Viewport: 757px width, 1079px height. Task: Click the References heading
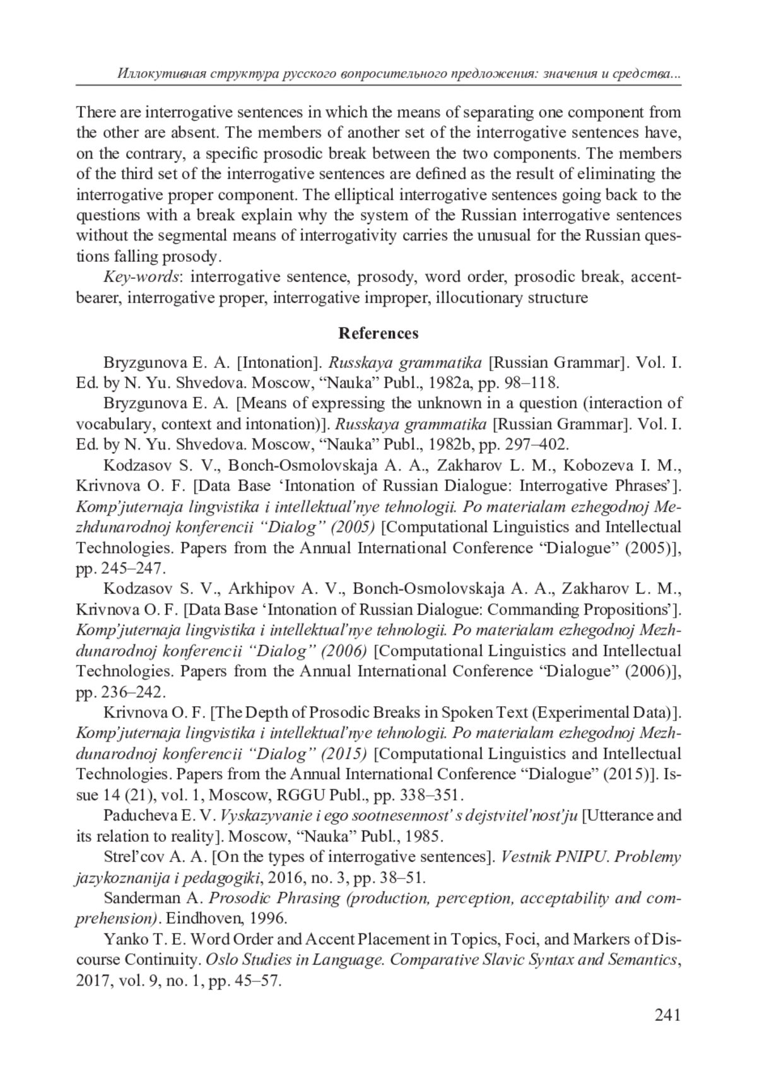378,333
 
